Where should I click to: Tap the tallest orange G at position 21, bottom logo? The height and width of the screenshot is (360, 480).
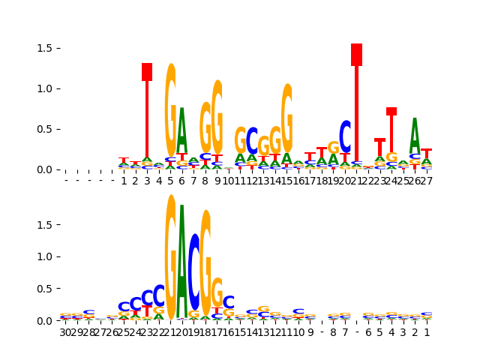tap(170, 259)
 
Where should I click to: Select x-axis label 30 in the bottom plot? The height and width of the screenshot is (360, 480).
tap(65, 332)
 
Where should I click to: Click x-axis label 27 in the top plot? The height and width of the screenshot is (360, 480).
tap(426, 181)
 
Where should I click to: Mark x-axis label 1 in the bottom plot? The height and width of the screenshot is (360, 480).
tap(427, 332)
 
